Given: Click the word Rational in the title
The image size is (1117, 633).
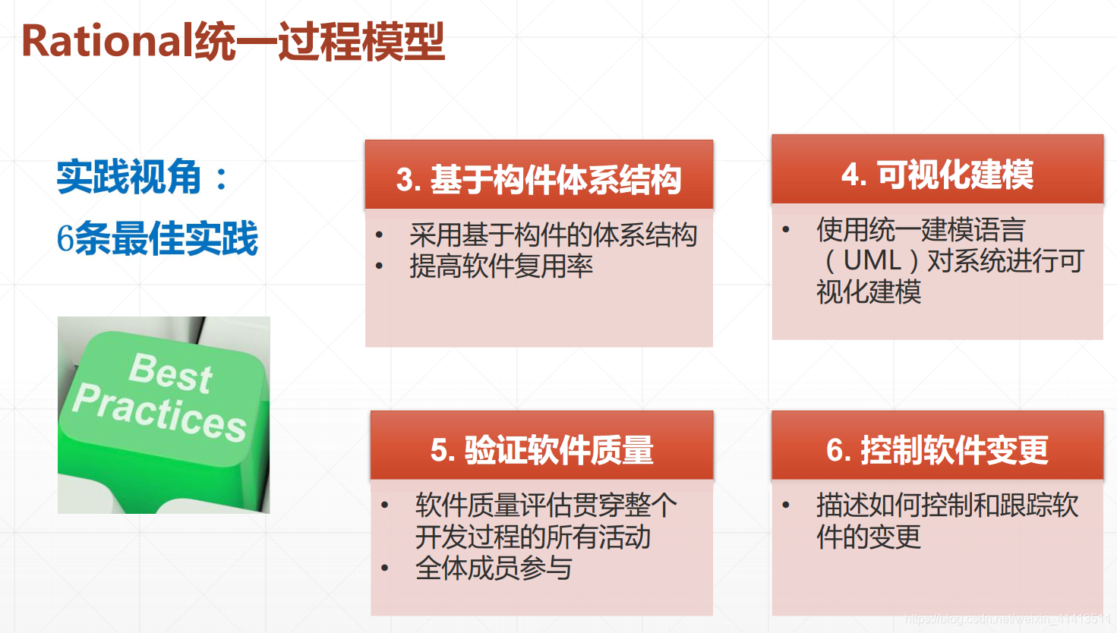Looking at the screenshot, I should click(x=107, y=41).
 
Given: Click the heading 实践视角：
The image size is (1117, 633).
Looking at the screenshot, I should click(x=143, y=177).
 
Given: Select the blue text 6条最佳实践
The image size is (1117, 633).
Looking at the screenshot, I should click(x=157, y=239).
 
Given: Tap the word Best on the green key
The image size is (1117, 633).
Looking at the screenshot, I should click(x=171, y=372).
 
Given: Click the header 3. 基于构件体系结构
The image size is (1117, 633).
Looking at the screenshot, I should click(x=538, y=180).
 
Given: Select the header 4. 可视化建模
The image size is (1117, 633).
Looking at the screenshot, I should click(x=937, y=175).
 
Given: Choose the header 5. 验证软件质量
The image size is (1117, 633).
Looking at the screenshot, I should click(x=541, y=450).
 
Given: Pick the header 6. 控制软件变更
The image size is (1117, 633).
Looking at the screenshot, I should click(x=937, y=450).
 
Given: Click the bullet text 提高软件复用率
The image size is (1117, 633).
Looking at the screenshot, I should click(x=501, y=266).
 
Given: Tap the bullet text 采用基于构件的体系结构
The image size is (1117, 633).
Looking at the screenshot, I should click(x=553, y=235).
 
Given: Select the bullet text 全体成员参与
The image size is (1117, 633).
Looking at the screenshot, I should click(x=494, y=568).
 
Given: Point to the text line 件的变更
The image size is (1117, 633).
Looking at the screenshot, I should click(x=868, y=537).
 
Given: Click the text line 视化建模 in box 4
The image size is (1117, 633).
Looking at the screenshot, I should click(x=869, y=291).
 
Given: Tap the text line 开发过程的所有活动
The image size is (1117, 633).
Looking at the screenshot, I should click(x=532, y=537).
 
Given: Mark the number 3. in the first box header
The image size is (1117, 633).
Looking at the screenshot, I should click(x=409, y=181).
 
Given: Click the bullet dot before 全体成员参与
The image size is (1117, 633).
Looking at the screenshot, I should click(x=385, y=568).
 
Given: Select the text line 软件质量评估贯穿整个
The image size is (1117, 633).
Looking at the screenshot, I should click(x=546, y=505).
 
